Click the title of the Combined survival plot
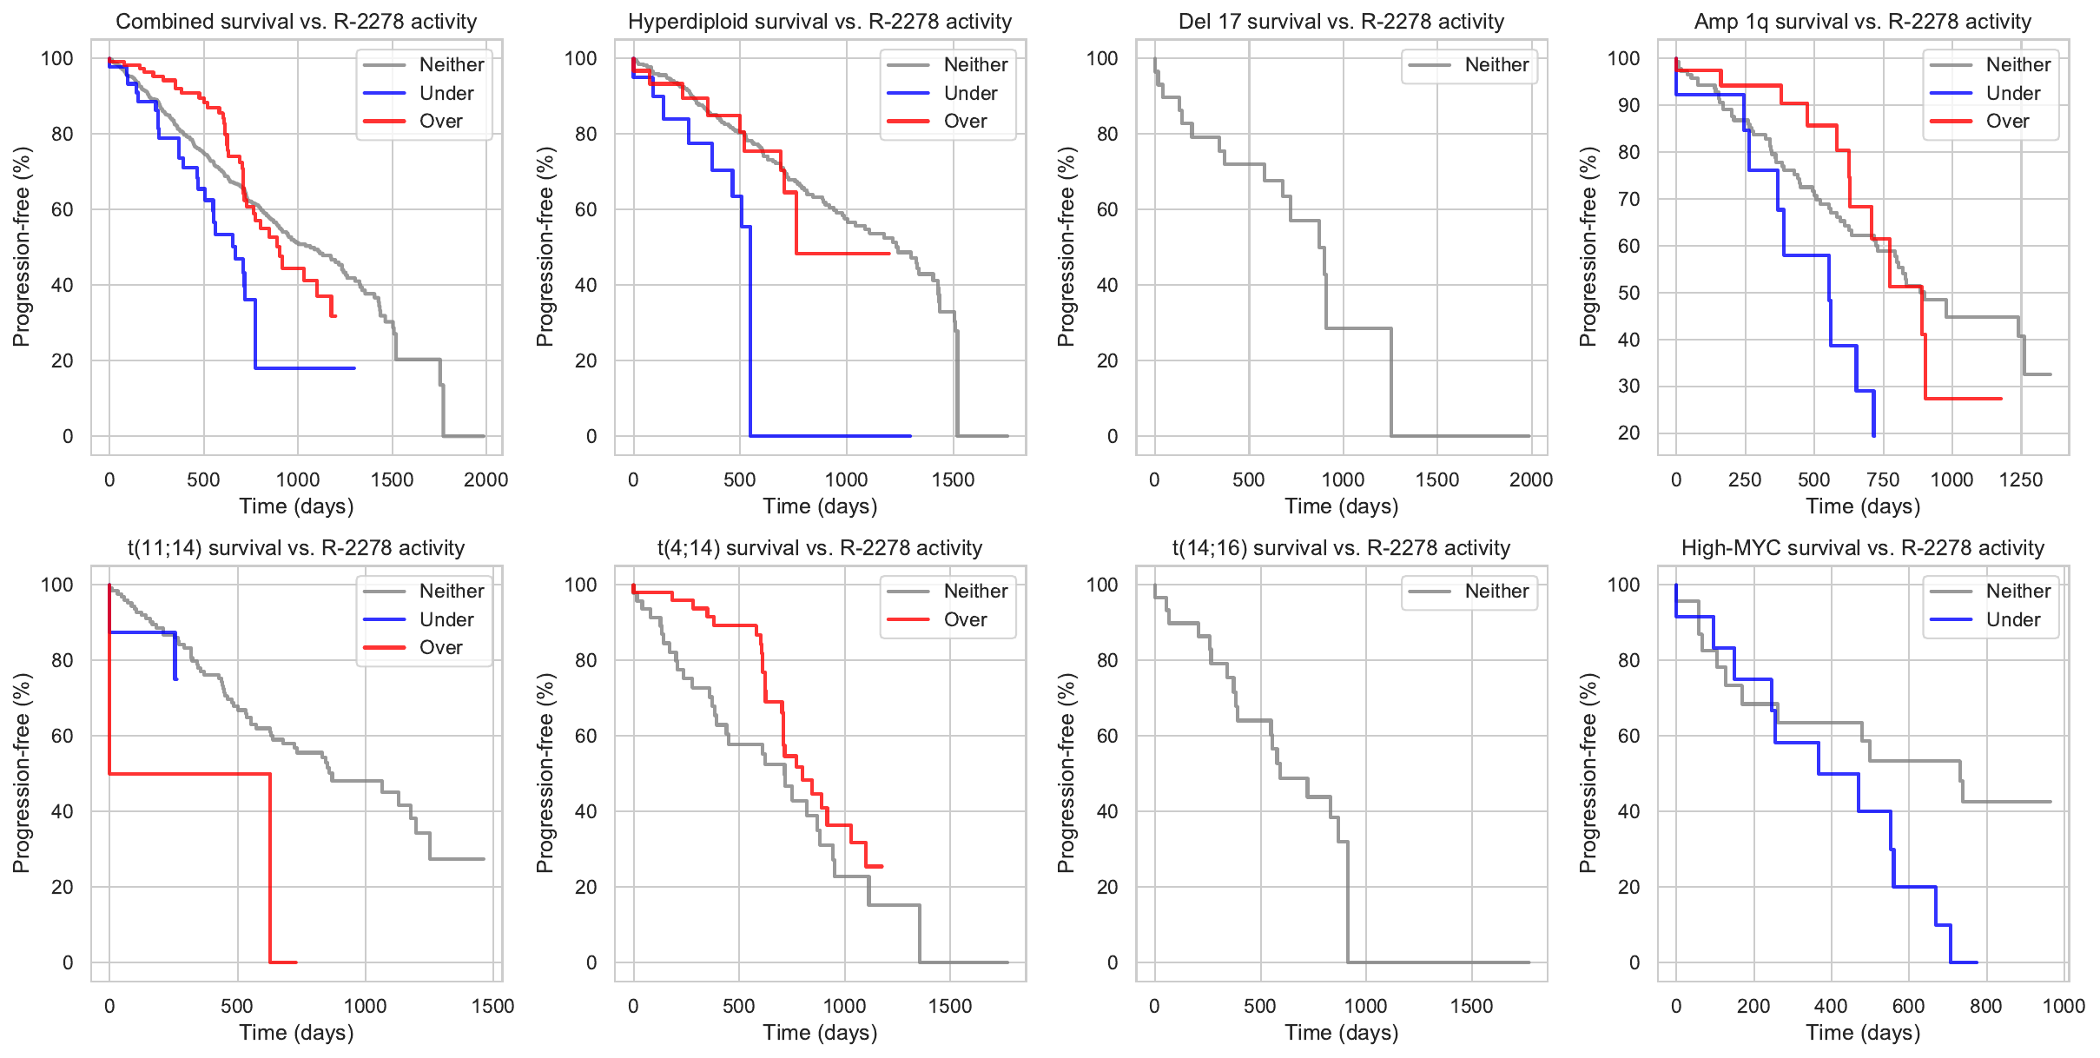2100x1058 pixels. tap(296, 22)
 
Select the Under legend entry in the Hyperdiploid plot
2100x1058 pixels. tap(970, 93)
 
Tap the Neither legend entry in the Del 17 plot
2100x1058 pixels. tap(1496, 65)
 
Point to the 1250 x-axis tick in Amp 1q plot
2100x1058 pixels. tap(2020, 479)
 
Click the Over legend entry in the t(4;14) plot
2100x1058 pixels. tap(965, 619)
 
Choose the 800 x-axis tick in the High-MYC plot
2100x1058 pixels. tap(1985, 1006)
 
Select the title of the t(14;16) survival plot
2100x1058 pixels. tap(1341, 548)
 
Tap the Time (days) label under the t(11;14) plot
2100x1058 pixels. tap(296, 1033)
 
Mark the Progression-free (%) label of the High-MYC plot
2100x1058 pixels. tap(1588, 773)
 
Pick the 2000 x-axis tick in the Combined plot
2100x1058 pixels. tap(485, 479)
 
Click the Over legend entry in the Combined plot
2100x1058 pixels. tap(440, 122)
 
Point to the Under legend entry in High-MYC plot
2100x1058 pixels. tap(2012, 619)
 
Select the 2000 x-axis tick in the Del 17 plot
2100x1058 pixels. tap(1530, 479)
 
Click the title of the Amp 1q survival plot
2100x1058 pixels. tap(1862, 22)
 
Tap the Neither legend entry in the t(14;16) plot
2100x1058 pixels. tap(1496, 592)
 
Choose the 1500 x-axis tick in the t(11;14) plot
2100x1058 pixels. tap(492, 1006)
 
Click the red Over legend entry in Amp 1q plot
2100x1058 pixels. tap(2007, 122)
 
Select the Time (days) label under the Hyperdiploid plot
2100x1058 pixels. tap(820, 506)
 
